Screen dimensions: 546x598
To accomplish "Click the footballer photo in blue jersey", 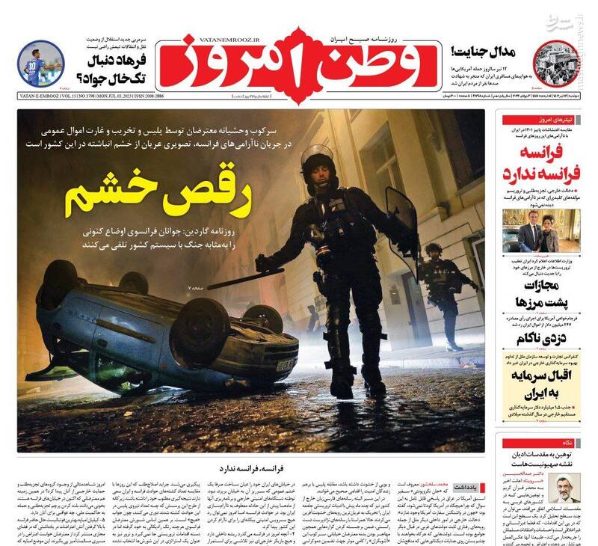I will tap(39, 64).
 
